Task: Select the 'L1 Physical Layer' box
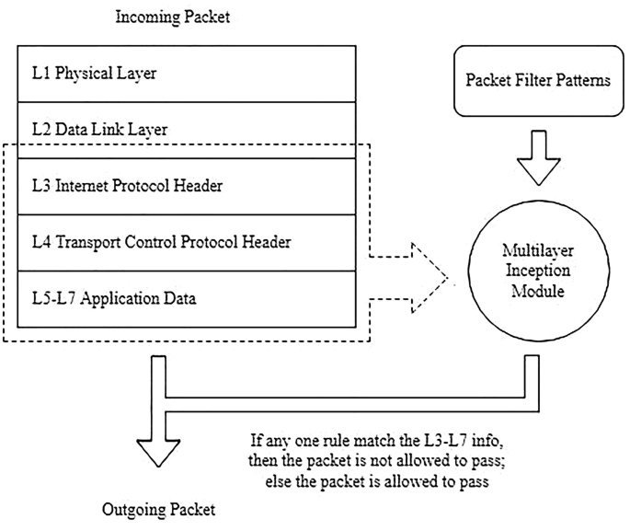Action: click(x=185, y=74)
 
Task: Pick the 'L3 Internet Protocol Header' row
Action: click(x=185, y=186)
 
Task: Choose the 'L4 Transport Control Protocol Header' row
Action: click(x=185, y=242)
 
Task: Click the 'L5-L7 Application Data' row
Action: click(x=185, y=298)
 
